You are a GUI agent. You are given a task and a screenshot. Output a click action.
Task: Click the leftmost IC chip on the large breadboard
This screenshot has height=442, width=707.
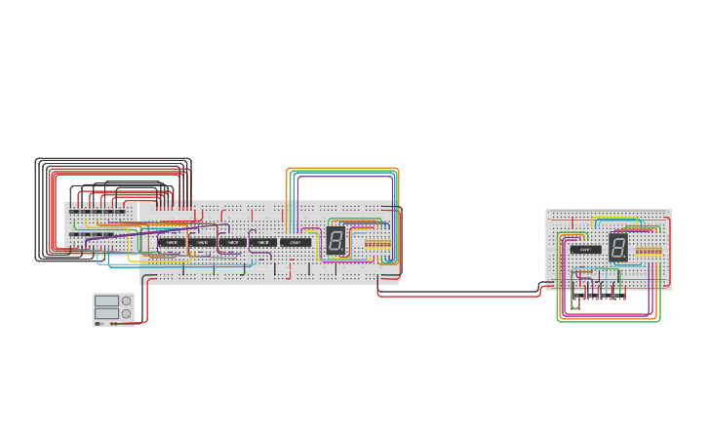coord(172,242)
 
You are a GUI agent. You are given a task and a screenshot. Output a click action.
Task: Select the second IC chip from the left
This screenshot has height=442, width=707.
coord(202,242)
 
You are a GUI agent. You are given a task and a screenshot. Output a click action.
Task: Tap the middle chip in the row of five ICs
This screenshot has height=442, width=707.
coord(232,242)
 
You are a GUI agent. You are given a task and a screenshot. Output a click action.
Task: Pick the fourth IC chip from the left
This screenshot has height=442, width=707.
coord(262,242)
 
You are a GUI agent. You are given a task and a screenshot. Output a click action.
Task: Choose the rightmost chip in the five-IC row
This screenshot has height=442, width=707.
coord(295,242)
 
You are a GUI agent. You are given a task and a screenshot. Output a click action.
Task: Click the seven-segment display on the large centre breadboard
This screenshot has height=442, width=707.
coord(335,241)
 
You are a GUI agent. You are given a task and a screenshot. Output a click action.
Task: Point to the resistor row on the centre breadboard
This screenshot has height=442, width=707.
coord(377,244)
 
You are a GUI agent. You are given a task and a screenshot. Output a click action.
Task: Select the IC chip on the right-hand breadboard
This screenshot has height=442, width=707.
coord(585,249)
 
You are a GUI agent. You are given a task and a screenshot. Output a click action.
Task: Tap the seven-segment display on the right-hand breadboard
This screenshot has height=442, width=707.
coord(618,247)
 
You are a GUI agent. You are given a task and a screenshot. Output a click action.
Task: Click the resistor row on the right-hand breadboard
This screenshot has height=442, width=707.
coord(648,252)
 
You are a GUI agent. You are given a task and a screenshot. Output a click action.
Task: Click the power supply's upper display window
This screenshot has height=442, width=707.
coord(106,301)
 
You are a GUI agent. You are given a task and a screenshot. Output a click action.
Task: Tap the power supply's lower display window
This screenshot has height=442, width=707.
coord(106,313)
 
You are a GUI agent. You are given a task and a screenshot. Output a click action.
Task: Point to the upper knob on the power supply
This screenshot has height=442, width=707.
coord(126,301)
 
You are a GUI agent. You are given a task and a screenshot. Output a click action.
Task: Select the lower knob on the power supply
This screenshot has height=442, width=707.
coord(126,313)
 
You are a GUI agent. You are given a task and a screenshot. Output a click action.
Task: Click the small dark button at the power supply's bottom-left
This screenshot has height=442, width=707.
coord(98,323)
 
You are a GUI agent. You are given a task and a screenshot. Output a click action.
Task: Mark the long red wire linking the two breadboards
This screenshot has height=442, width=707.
coord(458,296)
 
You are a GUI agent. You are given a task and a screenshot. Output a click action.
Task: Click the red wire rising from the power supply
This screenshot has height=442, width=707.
coord(146,302)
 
